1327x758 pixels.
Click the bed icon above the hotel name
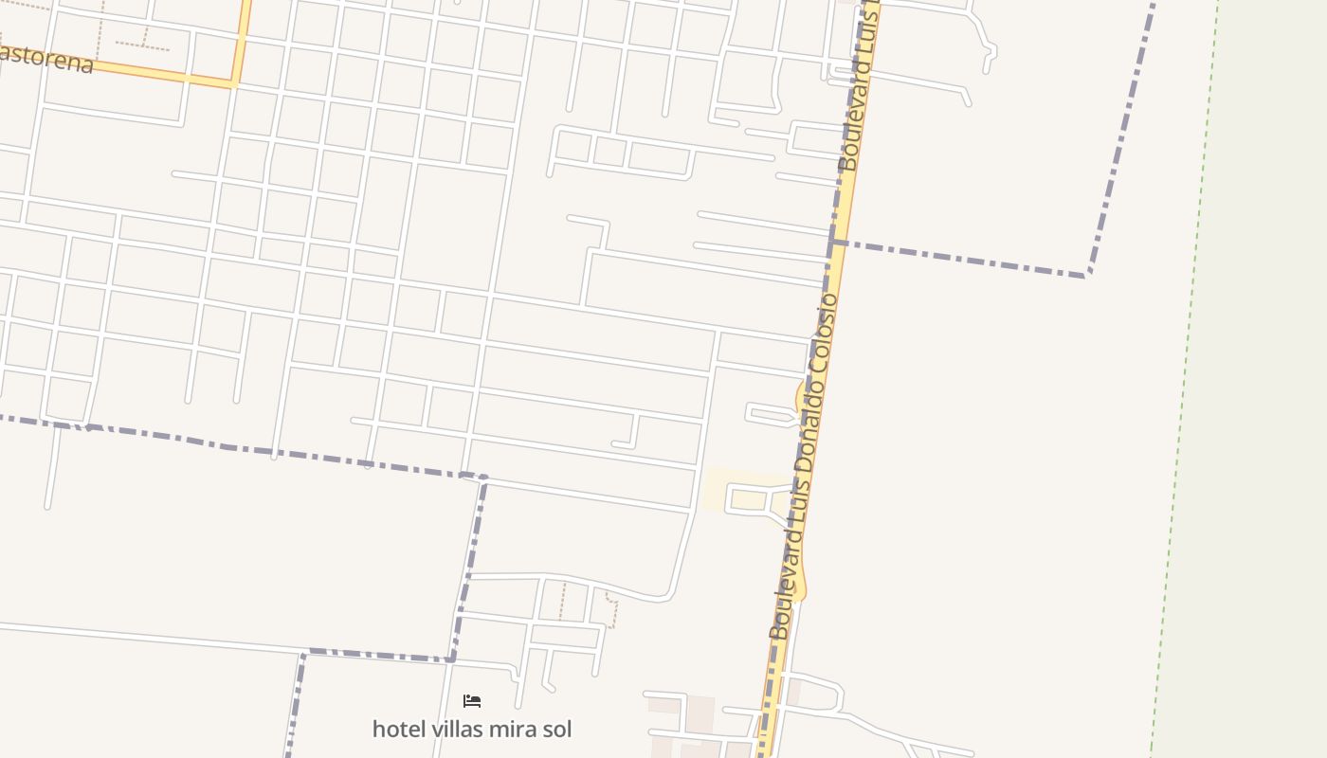(x=472, y=701)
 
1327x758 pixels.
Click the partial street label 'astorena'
(x=47, y=59)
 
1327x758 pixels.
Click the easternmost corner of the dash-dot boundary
(x=1088, y=275)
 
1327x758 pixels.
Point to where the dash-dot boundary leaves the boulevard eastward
(x=834, y=244)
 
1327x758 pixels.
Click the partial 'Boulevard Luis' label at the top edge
(x=859, y=90)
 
